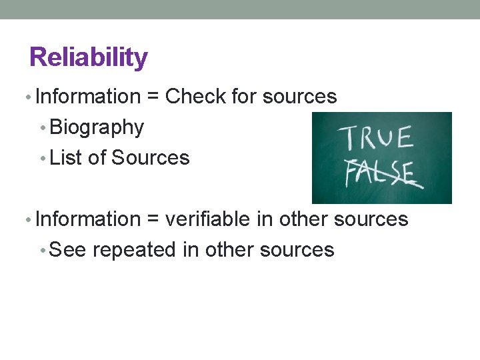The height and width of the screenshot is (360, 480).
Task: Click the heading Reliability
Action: pos(89,57)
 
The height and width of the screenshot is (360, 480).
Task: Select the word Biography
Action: pos(97,127)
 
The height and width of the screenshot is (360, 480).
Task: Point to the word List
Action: pos(63,158)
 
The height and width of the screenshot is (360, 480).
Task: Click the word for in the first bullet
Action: pos(244,97)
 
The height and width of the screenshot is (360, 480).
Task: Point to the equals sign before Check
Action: pos(153,97)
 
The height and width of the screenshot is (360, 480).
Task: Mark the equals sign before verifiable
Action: pos(153,220)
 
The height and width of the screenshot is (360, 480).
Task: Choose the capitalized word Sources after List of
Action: pos(151,158)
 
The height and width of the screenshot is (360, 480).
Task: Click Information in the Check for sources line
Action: pos(87,97)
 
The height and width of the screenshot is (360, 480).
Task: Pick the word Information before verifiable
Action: pos(87,219)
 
